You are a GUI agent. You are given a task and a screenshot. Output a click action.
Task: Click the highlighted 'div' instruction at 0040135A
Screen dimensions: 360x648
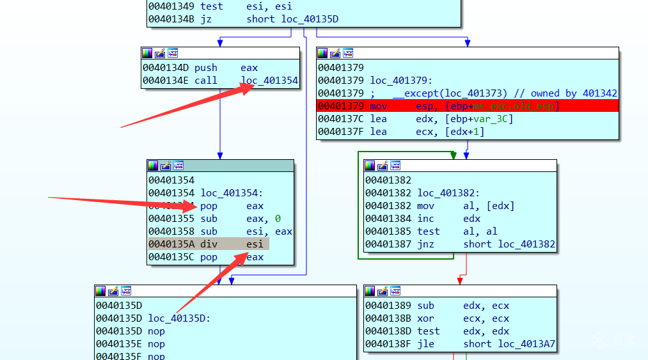tap(209, 244)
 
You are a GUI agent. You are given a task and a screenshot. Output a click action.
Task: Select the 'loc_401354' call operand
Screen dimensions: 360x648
tap(269, 81)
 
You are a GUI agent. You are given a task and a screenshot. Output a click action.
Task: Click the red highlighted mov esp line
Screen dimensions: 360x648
tap(467, 106)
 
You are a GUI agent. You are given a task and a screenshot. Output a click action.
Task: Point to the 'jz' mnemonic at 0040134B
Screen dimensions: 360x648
tap(206, 19)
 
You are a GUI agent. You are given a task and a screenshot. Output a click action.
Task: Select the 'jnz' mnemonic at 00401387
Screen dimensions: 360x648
tap(425, 244)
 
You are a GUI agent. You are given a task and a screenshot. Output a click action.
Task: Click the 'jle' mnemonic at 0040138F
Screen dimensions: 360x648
tap(425, 344)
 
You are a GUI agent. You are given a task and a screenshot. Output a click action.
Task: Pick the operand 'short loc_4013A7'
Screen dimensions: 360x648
tap(509, 344)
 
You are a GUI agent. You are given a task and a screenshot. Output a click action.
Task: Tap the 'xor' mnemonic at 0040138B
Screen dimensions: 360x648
tap(425, 318)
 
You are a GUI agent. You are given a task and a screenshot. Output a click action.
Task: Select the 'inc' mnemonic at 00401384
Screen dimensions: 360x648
tap(425, 219)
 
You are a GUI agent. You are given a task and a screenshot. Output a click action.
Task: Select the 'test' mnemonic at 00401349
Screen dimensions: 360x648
tap(212, 6)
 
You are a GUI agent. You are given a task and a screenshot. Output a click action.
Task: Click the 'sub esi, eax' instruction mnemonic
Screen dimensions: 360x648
tap(209, 231)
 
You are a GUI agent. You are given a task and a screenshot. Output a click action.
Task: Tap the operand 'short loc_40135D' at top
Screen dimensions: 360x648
tap(292, 19)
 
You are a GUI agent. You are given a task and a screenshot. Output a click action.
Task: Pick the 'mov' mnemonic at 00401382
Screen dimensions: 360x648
tap(425, 206)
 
